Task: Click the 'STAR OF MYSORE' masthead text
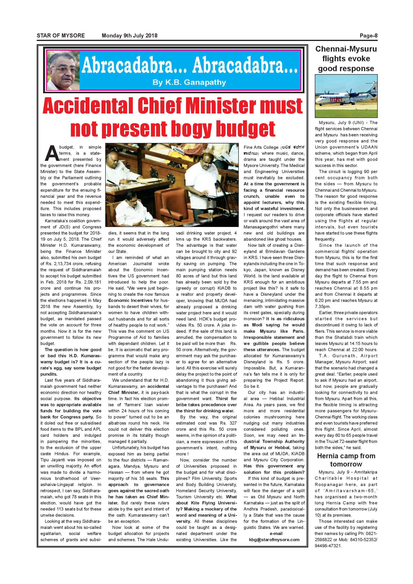tap(61, 36)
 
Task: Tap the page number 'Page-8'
tap(368, 36)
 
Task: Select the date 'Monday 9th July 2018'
tap(130, 36)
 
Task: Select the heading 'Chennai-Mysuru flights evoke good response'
tap(346, 59)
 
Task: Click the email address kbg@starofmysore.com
tap(274, 540)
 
